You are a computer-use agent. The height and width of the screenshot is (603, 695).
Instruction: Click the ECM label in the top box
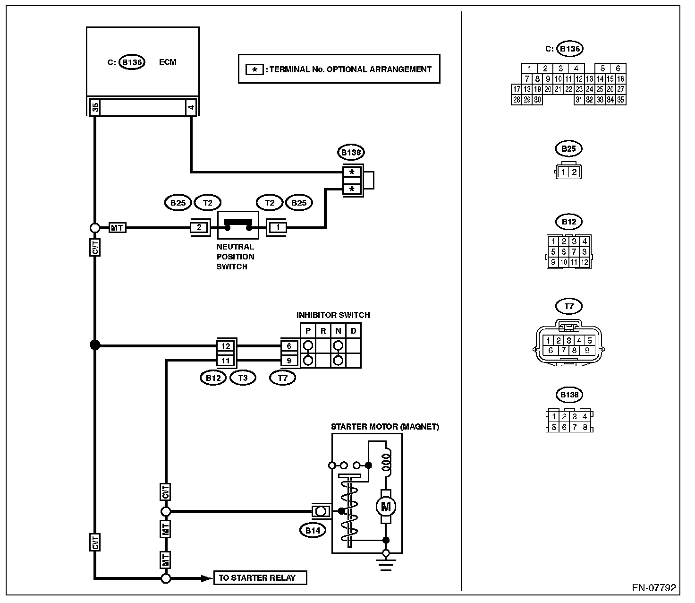coord(168,62)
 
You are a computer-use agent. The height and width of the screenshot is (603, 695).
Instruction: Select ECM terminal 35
coord(95,107)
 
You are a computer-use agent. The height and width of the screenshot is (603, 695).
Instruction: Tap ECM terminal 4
coord(191,107)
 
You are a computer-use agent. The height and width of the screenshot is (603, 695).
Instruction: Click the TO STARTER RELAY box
coord(260,577)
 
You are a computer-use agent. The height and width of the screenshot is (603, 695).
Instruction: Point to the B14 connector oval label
coord(313,530)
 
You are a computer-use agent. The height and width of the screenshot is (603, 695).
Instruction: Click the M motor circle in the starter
coord(386,507)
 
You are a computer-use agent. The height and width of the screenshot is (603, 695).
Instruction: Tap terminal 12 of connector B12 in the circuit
coord(226,346)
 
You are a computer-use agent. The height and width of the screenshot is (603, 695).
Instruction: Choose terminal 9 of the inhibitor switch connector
coord(289,361)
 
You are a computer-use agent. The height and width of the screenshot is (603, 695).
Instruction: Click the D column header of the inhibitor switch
coord(353,331)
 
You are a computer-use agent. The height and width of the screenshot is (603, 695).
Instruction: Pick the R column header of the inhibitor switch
coord(323,331)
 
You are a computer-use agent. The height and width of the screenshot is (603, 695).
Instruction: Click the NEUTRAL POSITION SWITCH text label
coord(235,257)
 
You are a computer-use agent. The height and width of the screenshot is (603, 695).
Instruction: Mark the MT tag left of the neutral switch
coord(117,228)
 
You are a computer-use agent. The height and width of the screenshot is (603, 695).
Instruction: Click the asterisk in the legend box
coord(254,70)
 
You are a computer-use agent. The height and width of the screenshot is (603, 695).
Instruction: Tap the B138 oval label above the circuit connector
coord(351,152)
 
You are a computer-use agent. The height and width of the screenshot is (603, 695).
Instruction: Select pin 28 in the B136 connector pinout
coord(517,100)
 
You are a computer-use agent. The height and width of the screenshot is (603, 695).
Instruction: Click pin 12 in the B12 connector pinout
coord(585,262)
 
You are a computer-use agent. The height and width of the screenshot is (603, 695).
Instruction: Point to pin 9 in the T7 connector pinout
coord(587,350)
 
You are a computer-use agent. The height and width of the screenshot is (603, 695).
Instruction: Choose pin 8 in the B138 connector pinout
coord(585,427)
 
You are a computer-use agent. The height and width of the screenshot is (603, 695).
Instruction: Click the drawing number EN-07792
coord(654,588)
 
